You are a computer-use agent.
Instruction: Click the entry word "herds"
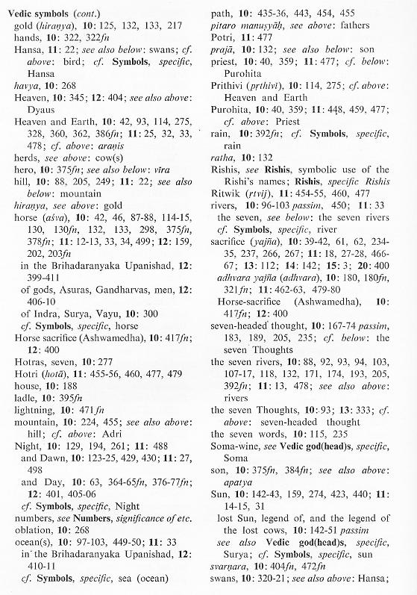19,193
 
